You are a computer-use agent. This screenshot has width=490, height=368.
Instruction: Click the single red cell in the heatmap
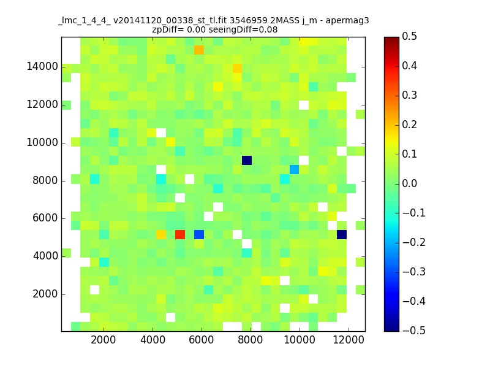(x=180, y=234)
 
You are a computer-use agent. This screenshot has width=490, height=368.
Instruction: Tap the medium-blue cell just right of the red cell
(x=199, y=234)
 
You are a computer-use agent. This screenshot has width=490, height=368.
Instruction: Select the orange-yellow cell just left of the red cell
(x=161, y=234)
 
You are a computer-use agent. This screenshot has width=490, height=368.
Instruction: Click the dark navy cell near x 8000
(x=247, y=161)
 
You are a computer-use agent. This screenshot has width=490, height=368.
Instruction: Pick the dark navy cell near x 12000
(x=342, y=234)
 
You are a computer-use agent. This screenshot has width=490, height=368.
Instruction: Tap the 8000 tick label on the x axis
(x=251, y=340)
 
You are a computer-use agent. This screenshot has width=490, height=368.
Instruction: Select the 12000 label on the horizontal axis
(x=349, y=340)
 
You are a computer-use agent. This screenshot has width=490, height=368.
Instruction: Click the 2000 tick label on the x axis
(x=103, y=340)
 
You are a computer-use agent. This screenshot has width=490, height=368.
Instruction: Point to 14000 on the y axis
(x=42, y=66)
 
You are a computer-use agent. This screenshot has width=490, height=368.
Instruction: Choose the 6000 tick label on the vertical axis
(x=45, y=218)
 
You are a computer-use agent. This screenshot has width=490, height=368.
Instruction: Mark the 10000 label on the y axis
(x=42, y=142)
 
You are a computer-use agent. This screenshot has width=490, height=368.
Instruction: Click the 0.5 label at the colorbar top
(x=409, y=36)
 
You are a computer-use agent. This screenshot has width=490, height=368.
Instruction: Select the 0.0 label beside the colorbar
(x=409, y=183)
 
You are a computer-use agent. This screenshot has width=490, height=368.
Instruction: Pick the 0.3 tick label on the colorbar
(x=409, y=95)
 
